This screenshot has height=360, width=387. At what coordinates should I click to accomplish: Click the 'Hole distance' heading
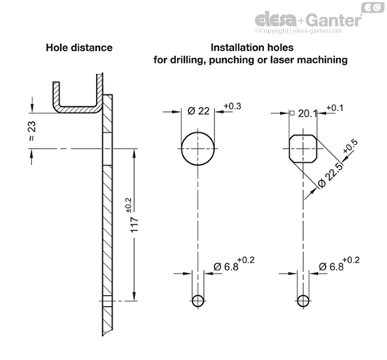[79, 48]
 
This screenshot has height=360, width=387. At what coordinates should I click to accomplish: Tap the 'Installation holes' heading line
[252, 48]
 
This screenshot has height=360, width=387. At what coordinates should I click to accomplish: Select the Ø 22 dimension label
[198, 111]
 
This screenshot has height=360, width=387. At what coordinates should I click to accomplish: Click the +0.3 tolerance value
[232, 106]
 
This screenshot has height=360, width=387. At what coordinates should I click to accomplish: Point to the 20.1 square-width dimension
[308, 113]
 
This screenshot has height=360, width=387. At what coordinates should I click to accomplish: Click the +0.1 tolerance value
[335, 108]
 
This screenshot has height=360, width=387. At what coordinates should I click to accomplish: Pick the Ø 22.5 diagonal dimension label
[330, 175]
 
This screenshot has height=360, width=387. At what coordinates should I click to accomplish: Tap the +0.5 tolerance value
[351, 146]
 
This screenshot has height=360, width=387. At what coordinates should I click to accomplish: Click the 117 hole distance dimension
[135, 224]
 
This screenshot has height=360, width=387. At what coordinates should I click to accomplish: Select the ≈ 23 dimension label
[32, 131]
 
